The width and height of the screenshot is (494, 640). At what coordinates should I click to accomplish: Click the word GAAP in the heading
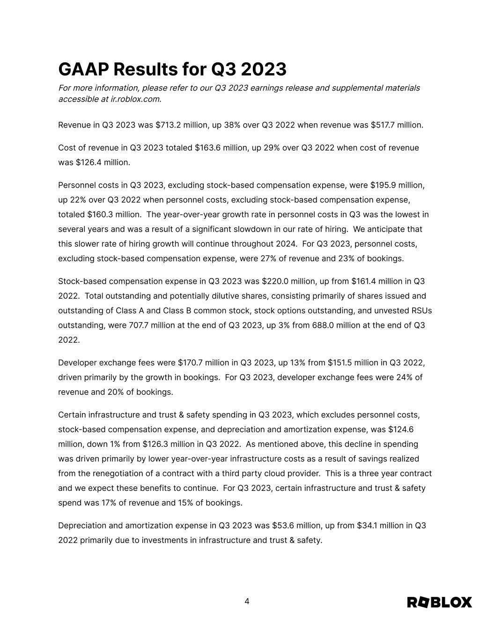(83, 69)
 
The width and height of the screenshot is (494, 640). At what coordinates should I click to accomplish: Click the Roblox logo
(439, 602)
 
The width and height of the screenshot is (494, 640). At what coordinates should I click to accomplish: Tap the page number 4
(247, 602)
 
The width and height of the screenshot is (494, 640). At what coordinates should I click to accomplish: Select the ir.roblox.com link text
(136, 99)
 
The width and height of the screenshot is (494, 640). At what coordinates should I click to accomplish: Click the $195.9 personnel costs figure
(384, 185)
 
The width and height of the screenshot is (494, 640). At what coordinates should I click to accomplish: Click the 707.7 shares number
(140, 325)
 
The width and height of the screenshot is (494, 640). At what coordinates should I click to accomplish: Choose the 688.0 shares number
(323, 325)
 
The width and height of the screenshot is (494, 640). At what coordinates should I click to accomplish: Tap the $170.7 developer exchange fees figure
(192, 363)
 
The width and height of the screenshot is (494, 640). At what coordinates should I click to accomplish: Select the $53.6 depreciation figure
(285, 526)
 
